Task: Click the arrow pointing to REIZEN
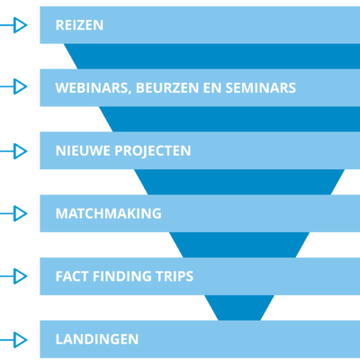point(13,25)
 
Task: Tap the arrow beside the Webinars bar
point(13,86)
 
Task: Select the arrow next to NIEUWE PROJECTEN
point(13,151)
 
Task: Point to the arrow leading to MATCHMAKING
point(13,213)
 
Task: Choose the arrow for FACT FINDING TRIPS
point(13,276)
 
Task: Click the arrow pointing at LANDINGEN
point(13,340)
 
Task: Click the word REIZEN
point(79,25)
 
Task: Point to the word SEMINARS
point(261,88)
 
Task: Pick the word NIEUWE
point(83,150)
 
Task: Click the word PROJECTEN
point(153,151)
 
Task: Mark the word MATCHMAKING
point(109,213)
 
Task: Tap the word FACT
point(72,276)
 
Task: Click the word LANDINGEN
point(97,339)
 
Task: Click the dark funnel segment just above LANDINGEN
point(239,308)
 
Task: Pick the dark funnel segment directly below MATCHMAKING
point(239,245)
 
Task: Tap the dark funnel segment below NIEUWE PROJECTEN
point(239,182)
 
